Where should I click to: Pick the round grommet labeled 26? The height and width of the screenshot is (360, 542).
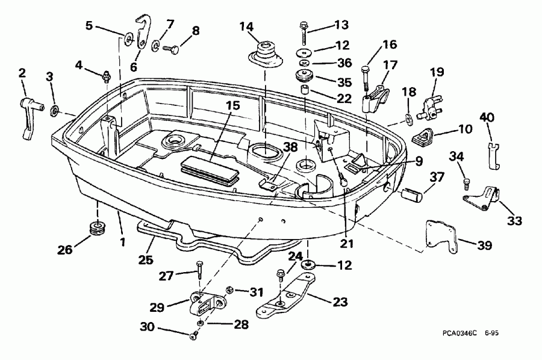(95, 228)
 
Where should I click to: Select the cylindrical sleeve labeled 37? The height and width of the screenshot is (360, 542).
(413, 196)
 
